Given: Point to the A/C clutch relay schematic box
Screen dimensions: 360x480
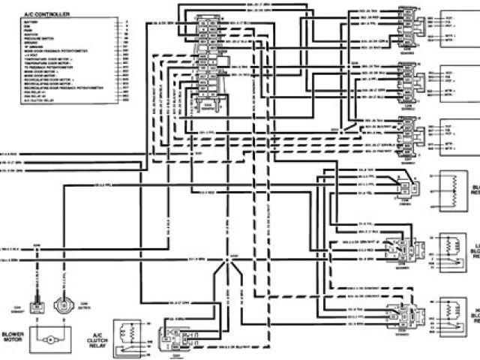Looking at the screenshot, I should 130,334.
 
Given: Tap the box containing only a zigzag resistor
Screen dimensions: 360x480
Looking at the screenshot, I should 451,190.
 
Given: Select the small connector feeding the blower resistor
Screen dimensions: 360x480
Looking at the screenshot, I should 405,188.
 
